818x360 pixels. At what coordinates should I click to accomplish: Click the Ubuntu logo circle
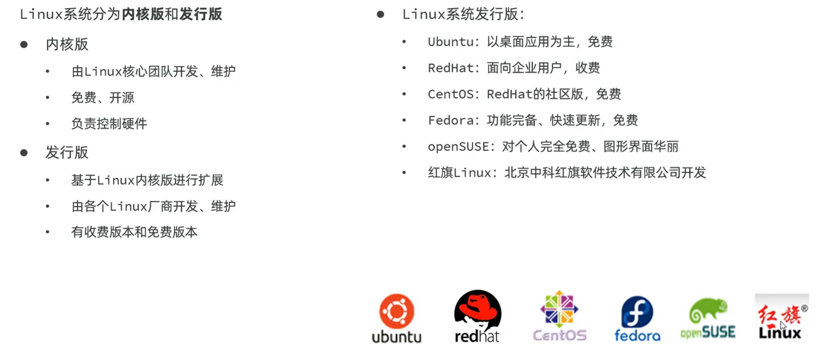[x=397, y=311]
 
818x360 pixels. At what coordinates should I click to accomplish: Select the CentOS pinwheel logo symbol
[x=559, y=309]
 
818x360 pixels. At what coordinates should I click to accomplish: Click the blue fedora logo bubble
[x=637, y=312]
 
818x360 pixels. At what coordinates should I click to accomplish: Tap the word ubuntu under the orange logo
[x=397, y=337]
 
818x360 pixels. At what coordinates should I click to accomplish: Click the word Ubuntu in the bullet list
[x=451, y=42]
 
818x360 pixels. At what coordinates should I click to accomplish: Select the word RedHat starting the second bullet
[x=451, y=68]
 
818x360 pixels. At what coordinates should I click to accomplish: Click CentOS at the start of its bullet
[x=451, y=94]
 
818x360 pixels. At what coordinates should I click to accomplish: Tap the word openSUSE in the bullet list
[x=458, y=147]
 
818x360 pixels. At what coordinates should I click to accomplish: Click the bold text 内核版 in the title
[x=143, y=14]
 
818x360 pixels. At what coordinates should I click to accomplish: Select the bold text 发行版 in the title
[x=201, y=14]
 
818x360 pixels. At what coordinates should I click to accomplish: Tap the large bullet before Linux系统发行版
[x=380, y=15]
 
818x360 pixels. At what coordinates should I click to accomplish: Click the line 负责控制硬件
[x=109, y=124]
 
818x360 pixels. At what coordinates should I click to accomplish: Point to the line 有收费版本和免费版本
[x=134, y=232]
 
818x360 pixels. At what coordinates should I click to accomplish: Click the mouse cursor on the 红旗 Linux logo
[x=783, y=325]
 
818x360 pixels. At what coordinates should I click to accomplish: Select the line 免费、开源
[x=103, y=98]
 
